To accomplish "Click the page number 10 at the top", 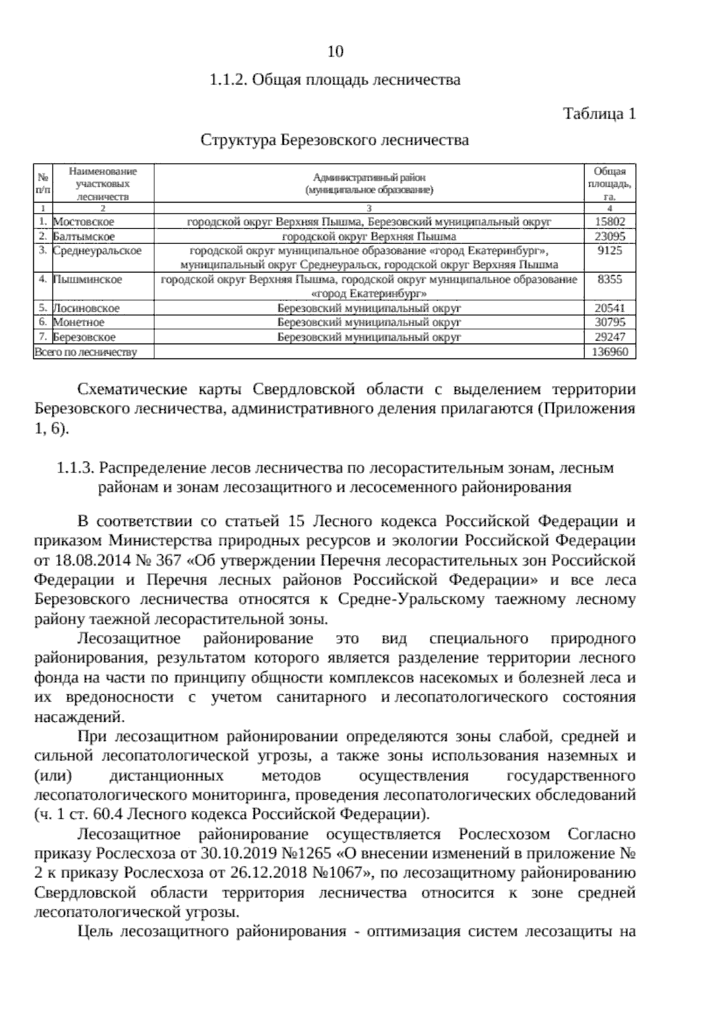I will (x=335, y=52).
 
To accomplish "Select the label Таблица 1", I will (x=599, y=113).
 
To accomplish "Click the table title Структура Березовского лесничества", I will (x=334, y=140).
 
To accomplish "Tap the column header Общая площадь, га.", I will (x=610, y=183).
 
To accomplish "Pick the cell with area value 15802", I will (x=610, y=222).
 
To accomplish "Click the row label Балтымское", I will (x=84, y=236).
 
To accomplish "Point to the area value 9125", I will (x=610, y=251).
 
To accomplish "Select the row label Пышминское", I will (x=87, y=280).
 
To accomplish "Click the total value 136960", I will (x=610, y=352).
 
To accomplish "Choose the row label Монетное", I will (x=79, y=322).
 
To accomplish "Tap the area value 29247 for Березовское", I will (x=610, y=337).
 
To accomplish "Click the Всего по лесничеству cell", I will (x=86, y=352).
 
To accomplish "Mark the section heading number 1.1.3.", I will (x=75, y=468).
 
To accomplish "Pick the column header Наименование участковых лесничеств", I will (x=102, y=183).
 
